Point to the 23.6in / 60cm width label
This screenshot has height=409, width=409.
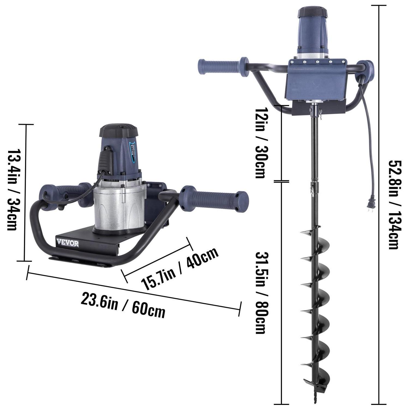[123, 305]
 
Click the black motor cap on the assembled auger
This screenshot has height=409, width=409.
[312, 13]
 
